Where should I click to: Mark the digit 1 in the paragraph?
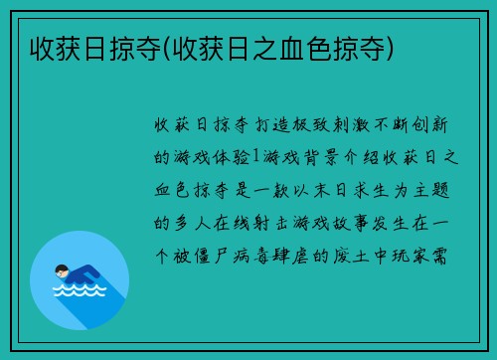click(255, 157)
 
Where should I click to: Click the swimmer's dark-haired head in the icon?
click(63, 269)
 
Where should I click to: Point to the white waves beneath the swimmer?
click(80, 292)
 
